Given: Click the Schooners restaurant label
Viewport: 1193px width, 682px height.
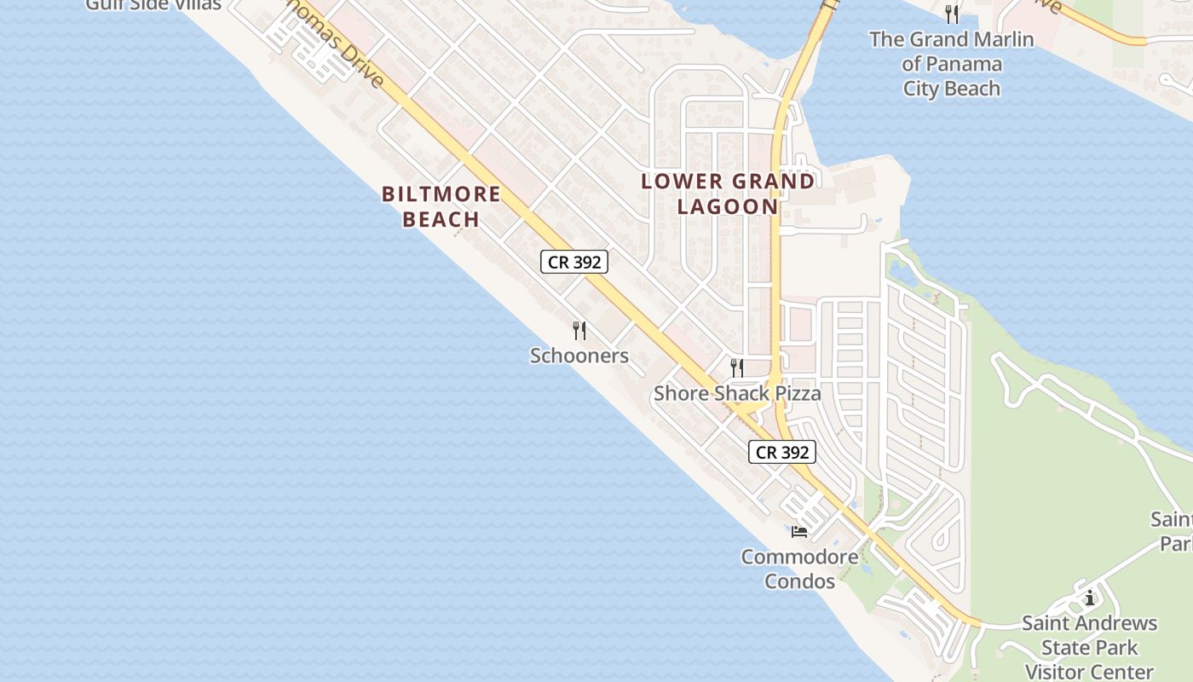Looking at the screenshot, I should (x=579, y=355).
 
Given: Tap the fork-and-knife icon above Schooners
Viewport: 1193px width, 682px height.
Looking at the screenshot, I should (x=579, y=330).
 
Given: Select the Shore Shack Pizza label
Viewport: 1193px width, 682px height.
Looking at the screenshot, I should (x=737, y=393).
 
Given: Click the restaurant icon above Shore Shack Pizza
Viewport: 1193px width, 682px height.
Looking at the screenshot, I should (x=737, y=368).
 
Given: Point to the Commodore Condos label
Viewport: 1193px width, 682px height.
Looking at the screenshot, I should (x=799, y=569).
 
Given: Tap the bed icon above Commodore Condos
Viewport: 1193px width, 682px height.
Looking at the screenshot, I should (x=799, y=532).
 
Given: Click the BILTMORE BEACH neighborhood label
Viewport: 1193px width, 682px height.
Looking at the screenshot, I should (x=441, y=206).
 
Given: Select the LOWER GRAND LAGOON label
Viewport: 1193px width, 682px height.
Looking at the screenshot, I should (x=728, y=194).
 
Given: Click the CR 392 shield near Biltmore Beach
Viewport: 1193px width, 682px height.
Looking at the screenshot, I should (x=574, y=263).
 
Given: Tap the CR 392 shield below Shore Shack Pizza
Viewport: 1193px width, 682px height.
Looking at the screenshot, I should (x=782, y=452).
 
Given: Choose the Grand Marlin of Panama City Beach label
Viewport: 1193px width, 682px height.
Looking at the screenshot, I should (x=951, y=63).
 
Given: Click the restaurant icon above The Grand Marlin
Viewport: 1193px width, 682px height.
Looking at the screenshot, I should (x=952, y=14).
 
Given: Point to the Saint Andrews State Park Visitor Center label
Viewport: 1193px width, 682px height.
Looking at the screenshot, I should (x=1089, y=647).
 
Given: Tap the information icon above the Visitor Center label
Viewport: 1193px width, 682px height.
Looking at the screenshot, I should (x=1089, y=598).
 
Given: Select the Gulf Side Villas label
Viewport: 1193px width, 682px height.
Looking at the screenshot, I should (x=153, y=5).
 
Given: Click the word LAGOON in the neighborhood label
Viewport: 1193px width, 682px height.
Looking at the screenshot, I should (x=728, y=206).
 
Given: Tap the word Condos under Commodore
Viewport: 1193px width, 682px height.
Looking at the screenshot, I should (x=799, y=581).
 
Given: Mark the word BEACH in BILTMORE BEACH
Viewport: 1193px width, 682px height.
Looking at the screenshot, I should (x=441, y=219).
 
